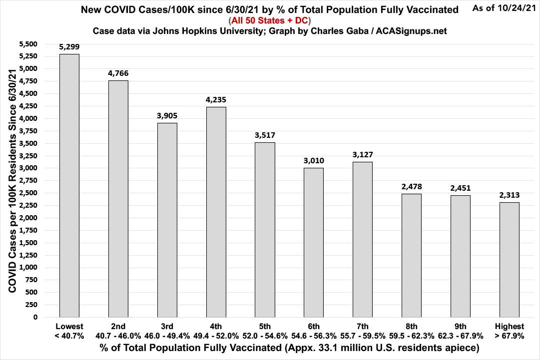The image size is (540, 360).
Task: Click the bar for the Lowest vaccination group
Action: coord(69,185)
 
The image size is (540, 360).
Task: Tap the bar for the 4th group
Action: coord(216,212)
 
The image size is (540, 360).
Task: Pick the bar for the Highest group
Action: coord(509,260)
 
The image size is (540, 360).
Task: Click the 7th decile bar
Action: coord(362,239)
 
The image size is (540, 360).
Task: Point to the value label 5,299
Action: coord(69,47)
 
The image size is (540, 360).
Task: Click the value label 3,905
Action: coord(167,116)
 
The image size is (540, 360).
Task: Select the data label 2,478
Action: coord(411,187)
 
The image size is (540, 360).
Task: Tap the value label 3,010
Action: coord(313,160)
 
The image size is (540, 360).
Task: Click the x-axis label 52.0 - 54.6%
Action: coord(264,336)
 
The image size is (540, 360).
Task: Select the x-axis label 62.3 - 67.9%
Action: coord(460,336)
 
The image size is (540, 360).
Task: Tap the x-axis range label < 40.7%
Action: coord(69,336)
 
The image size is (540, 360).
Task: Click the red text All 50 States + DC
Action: coord(270,20)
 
